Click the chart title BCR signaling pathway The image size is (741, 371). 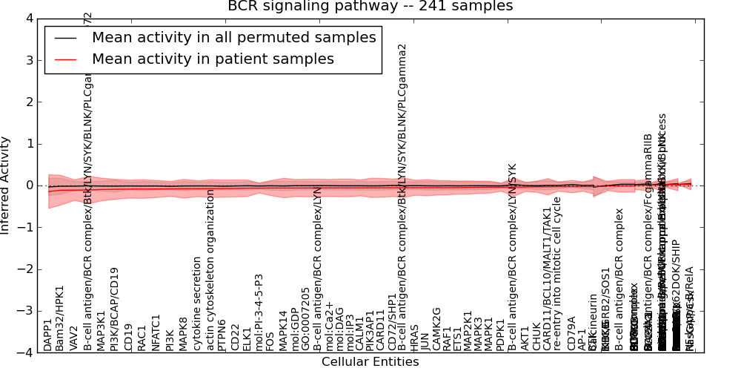[x=370, y=7]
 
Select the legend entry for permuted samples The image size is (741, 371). [x=233, y=37]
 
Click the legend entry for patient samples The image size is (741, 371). [x=213, y=59]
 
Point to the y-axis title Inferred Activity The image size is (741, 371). [x=7, y=185]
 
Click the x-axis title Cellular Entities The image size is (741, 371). [x=370, y=362]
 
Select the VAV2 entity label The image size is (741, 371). [x=73, y=338]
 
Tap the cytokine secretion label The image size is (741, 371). [x=197, y=303]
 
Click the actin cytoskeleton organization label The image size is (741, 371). [x=210, y=270]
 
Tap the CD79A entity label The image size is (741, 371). [x=571, y=334]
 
